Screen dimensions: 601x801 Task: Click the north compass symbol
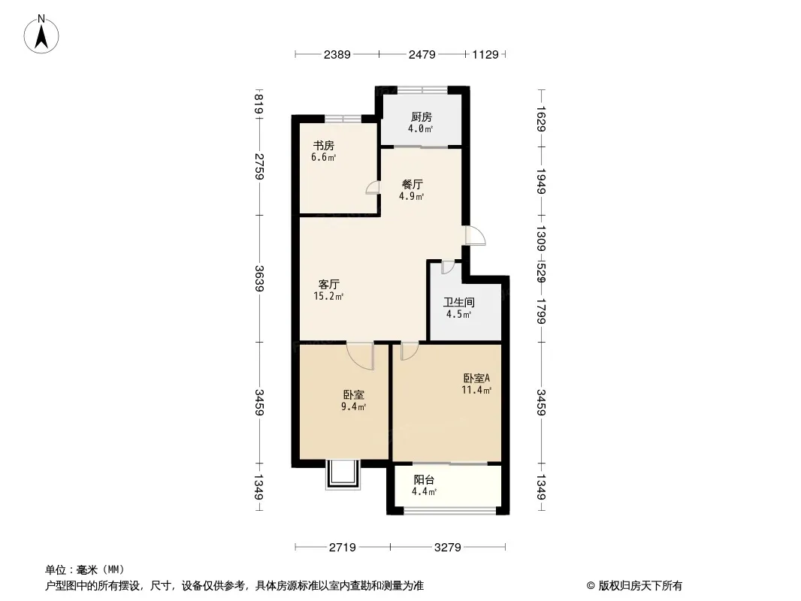[x=43, y=34]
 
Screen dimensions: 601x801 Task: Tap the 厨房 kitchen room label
[x=421, y=116]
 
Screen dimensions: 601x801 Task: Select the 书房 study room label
[x=324, y=146]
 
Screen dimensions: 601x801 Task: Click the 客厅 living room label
[x=329, y=285]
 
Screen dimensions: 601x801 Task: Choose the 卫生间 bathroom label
[x=458, y=303]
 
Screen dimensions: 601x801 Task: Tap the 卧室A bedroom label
[x=476, y=379]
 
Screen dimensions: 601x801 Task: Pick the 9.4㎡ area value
[x=353, y=407]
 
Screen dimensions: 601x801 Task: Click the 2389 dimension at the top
[x=337, y=54]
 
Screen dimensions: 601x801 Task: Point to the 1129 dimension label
[x=485, y=54]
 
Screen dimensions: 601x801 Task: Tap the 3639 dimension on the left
[x=259, y=279]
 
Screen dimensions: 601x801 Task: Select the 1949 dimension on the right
[x=540, y=180]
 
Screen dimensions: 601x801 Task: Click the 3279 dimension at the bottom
[x=448, y=547]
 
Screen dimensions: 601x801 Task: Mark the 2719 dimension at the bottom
[x=343, y=547]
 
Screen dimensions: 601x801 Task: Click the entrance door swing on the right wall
[x=475, y=236]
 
